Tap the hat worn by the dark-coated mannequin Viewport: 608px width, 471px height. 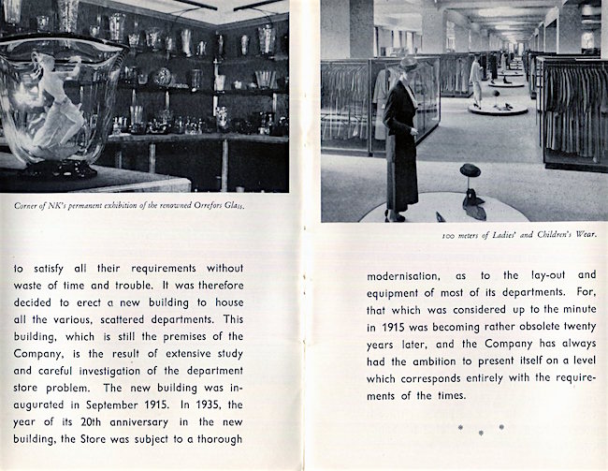409,63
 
